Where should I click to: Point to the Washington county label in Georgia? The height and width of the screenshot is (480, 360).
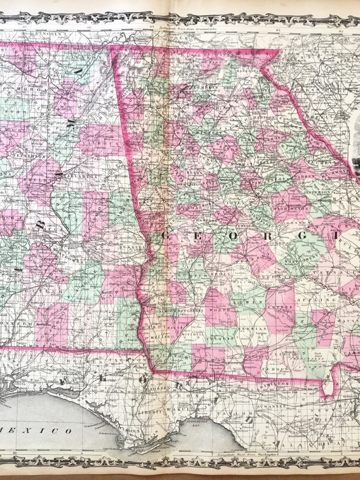pyautogui.click(x=291, y=209)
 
